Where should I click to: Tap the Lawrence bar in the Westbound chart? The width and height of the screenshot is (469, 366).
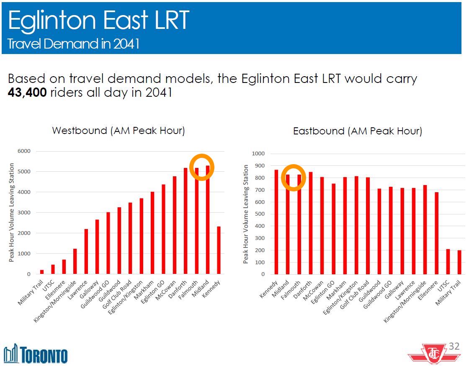86,252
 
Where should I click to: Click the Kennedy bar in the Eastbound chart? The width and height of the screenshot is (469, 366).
276,222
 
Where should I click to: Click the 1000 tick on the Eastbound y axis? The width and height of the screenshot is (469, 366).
258,154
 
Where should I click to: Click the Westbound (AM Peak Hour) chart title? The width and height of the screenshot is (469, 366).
119,131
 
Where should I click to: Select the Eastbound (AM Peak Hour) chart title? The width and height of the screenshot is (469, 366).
357,131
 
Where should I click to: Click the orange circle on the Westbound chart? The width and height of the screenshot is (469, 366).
202,167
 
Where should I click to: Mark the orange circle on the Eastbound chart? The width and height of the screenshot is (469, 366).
294,178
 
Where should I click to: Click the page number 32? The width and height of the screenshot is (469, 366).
454,346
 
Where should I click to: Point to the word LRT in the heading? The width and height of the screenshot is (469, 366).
170,21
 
